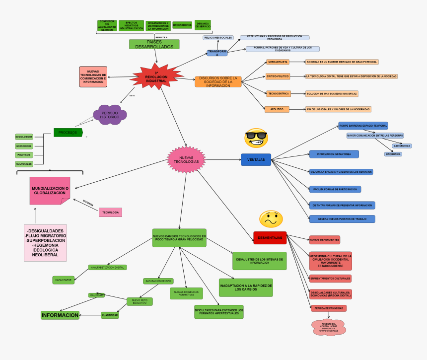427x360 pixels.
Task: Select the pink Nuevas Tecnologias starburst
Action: [186, 159]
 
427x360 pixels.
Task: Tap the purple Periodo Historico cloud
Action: [110, 115]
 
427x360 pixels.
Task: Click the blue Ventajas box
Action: [256, 159]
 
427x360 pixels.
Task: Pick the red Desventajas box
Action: [270, 238]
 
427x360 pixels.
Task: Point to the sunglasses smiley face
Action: [256, 138]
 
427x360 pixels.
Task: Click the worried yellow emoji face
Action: [271, 219]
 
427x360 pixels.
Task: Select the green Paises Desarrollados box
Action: [154, 44]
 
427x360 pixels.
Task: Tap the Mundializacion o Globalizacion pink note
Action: [50, 191]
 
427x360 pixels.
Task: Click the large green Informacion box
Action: [60, 315]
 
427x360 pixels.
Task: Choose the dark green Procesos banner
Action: [68, 132]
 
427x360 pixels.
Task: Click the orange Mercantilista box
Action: [277, 62]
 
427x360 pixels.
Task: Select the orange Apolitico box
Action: [277, 109]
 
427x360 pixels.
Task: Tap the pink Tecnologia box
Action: [110, 212]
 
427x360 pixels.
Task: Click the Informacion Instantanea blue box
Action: [334, 154]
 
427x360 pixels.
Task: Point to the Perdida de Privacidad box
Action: [328, 308]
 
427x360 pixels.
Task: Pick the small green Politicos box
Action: [24, 155]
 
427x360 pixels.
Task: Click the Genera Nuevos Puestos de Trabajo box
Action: [342, 219]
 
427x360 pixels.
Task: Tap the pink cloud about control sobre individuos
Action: [328, 327]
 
